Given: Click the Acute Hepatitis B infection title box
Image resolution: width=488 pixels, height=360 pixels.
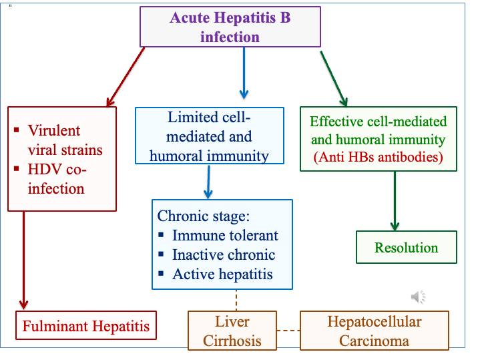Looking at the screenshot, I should [230, 27].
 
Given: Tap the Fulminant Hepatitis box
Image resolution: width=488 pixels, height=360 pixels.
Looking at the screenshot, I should [86, 327].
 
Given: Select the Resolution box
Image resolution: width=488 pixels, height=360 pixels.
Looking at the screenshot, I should [406, 248].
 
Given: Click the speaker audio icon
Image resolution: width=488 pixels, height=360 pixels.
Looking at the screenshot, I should [418, 297].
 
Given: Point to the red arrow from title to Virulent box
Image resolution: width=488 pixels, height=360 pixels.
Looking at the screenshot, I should [126, 77].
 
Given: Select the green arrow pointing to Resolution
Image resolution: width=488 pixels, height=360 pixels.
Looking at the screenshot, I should [395, 201].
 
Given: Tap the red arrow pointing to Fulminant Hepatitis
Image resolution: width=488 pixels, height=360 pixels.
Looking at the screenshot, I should [24, 260].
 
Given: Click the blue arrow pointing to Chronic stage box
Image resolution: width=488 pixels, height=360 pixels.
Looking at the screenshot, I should [208, 182].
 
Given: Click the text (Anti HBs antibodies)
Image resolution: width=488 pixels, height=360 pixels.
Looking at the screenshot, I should [379, 158].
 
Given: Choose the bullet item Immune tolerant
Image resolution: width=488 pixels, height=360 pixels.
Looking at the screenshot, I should [225, 236].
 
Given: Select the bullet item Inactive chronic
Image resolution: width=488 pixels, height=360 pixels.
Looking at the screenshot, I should [223, 255].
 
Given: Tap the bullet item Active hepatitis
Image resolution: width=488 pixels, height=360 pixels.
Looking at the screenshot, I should [222, 275].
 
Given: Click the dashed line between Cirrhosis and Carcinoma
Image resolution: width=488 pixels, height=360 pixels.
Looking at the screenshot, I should [288, 331].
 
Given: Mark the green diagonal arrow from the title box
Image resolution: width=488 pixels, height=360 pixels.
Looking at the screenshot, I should [334, 77].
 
